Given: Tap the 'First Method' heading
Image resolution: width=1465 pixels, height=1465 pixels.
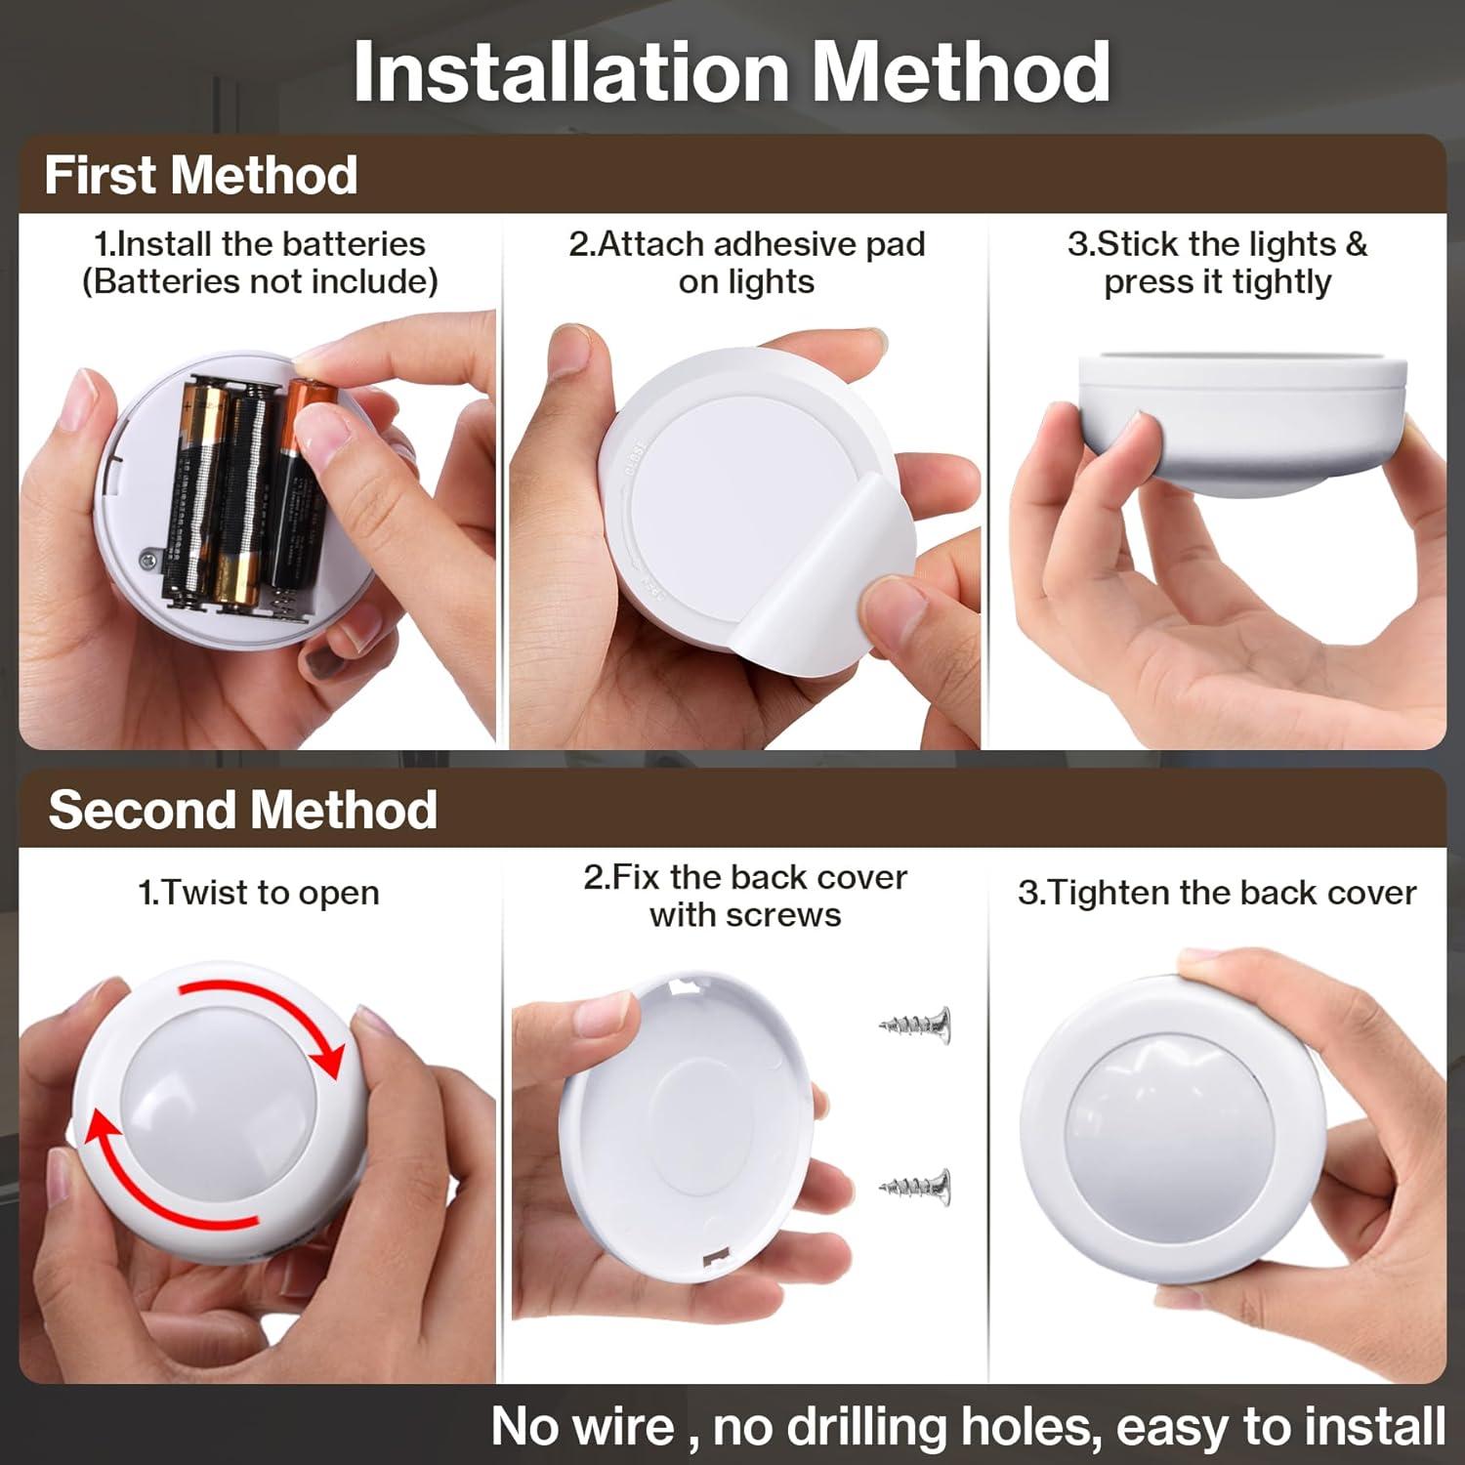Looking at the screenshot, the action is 201,176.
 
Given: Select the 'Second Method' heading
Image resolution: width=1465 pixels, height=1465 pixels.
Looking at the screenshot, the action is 242,810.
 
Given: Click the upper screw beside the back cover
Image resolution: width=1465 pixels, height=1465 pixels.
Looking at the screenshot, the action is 915,1025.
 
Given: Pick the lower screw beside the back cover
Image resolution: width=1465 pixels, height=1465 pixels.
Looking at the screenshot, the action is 915,1187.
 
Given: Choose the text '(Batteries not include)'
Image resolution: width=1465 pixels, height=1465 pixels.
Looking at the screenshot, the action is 260,281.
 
